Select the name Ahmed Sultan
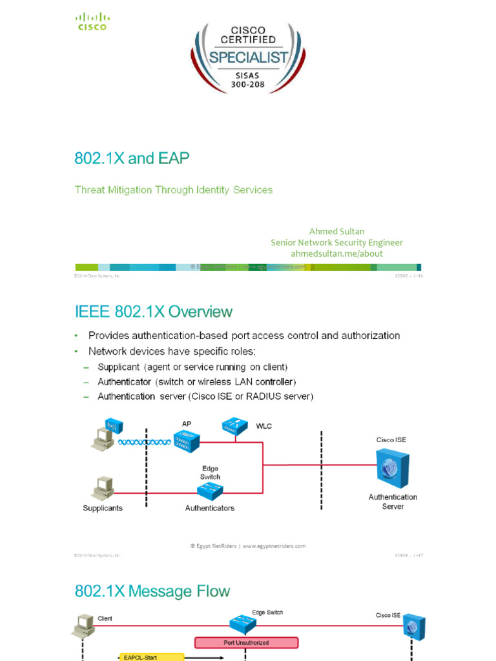point(336,231)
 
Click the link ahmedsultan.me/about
point(336,253)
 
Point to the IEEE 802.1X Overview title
point(154,312)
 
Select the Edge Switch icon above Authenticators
point(210,492)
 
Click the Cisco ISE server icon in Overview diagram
point(393,468)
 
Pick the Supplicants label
point(103,508)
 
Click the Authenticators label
point(210,508)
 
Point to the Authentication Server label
point(393,502)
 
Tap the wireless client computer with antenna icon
point(104,434)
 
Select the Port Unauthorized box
point(246,642)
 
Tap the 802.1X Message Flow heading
point(152,591)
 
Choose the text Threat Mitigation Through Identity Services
point(174,190)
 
